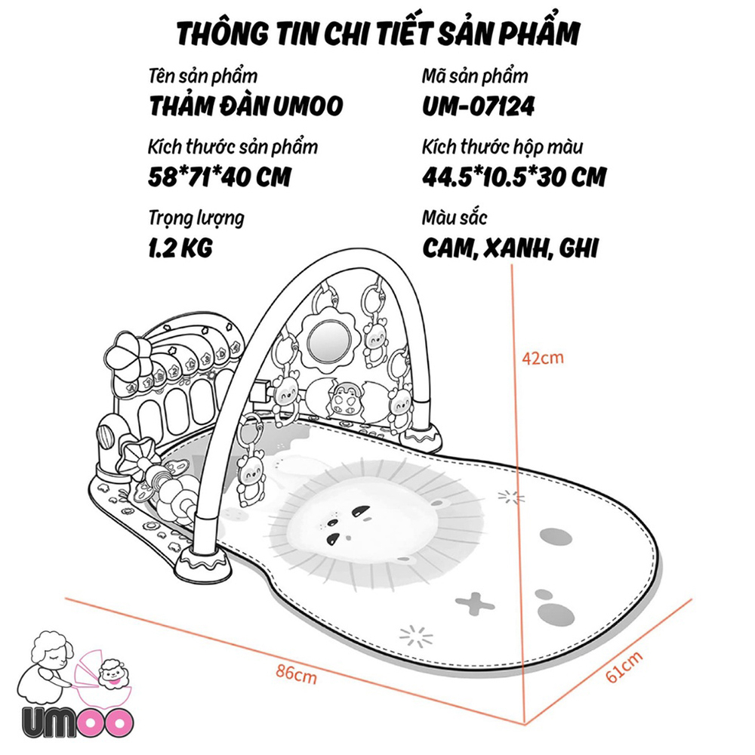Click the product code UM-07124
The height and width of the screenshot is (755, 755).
478,106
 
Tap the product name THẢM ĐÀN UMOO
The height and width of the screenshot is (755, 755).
246,106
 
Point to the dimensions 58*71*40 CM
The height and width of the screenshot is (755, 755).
220,177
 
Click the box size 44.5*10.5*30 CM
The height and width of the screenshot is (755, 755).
514,177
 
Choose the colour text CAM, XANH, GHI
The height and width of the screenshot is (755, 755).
510,248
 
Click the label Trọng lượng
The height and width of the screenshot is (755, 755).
196,219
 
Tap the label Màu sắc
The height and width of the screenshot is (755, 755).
455,219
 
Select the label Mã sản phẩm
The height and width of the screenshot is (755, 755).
475,77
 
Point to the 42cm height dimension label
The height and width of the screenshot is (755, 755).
543,357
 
